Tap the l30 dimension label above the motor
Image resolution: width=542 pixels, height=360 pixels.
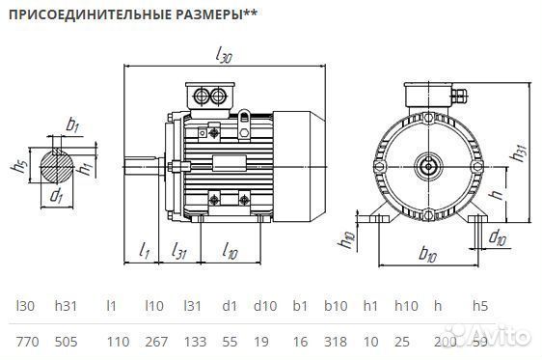(x=224, y=57)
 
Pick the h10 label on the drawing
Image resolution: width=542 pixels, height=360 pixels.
(x=349, y=238)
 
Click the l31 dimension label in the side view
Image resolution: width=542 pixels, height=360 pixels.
(x=179, y=252)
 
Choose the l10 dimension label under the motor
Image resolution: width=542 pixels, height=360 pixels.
(x=230, y=252)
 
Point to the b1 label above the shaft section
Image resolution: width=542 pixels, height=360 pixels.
(x=72, y=125)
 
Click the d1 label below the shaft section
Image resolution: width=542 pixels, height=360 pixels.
(x=57, y=197)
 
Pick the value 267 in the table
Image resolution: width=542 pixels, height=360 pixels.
(x=155, y=342)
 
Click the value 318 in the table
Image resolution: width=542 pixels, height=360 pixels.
(x=336, y=342)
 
